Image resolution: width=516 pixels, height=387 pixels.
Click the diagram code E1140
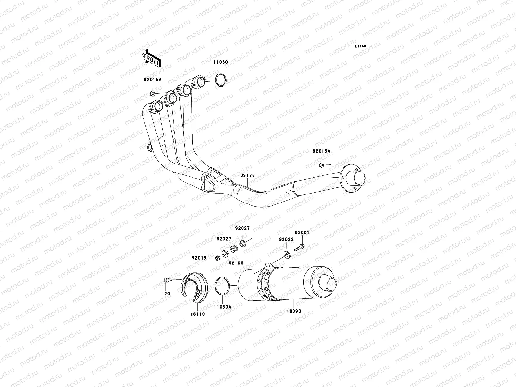click(x=361, y=46)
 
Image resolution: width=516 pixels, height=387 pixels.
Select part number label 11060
click(x=220, y=62)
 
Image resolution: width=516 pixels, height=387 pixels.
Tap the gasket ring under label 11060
click(x=221, y=80)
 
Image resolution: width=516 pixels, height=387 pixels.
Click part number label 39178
click(x=247, y=175)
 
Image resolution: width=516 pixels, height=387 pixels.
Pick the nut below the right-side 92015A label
click(x=321, y=165)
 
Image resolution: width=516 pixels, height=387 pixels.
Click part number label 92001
click(x=302, y=232)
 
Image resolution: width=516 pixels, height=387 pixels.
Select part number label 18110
click(x=197, y=314)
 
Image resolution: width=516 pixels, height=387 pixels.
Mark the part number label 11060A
click(x=223, y=307)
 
